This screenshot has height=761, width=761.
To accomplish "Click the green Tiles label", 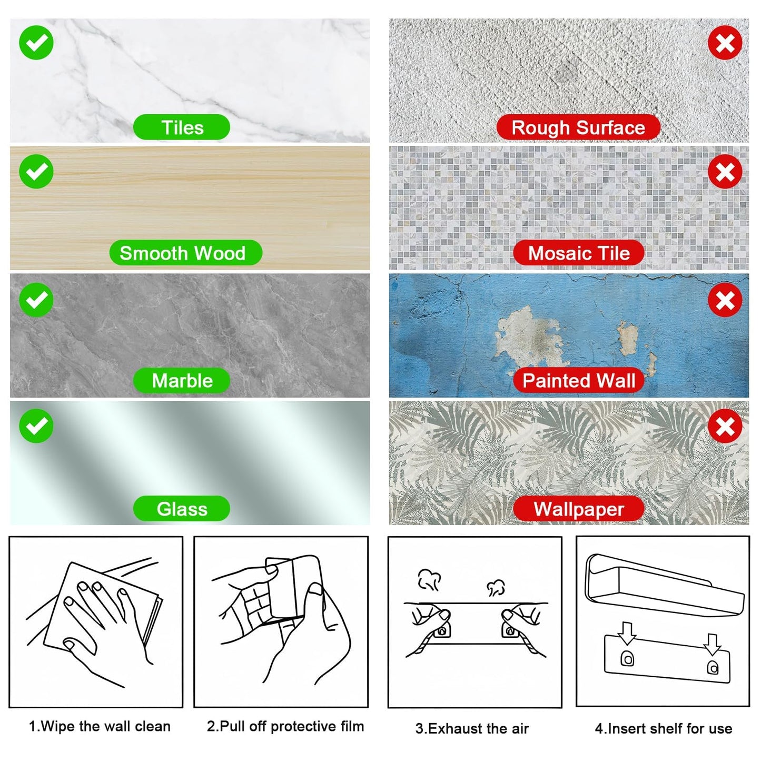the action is (182, 127).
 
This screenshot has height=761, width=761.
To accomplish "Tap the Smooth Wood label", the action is (185, 253).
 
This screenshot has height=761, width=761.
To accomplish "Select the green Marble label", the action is (182, 381).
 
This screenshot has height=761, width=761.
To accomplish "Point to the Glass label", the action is (182, 509).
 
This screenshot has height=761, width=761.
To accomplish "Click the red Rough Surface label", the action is (578, 127).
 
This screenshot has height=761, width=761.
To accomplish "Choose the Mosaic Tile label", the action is (579, 253).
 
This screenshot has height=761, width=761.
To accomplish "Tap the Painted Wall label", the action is (579, 381).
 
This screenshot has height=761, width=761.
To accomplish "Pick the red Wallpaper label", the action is (579, 509).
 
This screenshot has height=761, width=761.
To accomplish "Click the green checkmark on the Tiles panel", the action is (36, 43).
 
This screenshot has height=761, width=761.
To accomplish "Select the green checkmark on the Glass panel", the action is (36, 426).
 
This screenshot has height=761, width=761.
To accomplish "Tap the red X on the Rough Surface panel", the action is (725, 43).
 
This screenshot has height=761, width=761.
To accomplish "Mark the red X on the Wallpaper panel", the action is (725, 426).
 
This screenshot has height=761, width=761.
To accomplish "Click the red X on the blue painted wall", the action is (725, 300).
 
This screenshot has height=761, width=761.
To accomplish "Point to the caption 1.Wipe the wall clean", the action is (100, 726).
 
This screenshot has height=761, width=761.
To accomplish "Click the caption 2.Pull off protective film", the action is (285, 726).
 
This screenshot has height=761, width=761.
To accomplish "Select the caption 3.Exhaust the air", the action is (472, 728).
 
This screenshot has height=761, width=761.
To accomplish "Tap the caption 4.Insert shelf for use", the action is (664, 728).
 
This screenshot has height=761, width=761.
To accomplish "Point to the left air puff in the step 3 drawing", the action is (429, 580).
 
